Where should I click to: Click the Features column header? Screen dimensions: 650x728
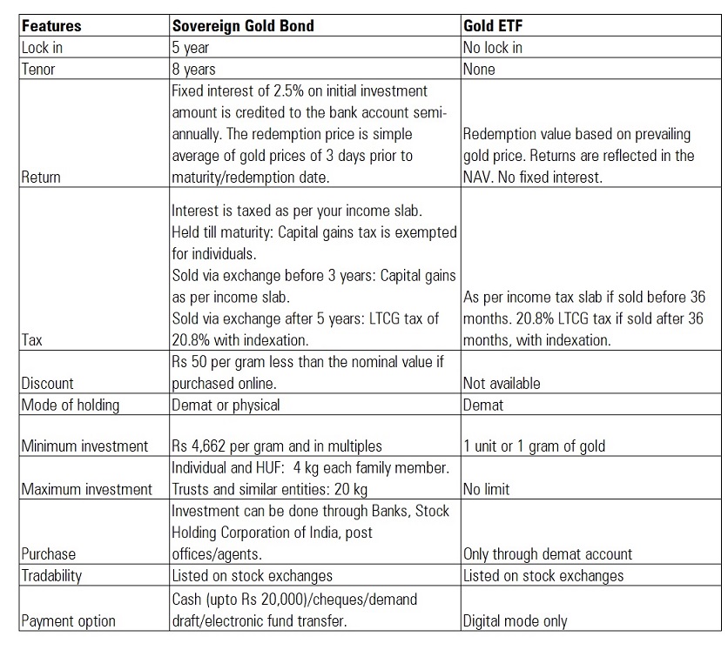click(51, 26)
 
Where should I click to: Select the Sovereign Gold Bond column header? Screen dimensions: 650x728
click(243, 26)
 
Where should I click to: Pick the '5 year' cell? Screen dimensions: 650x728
click(193, 48)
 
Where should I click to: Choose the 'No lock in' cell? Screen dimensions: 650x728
click(493, 48)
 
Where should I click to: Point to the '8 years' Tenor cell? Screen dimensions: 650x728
click(194, 70)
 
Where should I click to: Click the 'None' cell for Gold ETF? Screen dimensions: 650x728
click(481, 70)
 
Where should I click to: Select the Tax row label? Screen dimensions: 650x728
click(32, 340)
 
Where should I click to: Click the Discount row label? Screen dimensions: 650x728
click(48, 383)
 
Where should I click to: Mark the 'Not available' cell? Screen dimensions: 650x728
click(502, 383)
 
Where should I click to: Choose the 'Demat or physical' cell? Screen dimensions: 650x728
click(226, 405)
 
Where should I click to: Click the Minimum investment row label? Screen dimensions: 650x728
click(85, 446)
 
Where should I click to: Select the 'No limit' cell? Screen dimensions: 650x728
click(487, 490)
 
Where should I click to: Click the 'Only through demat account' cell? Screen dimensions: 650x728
click(548, 553)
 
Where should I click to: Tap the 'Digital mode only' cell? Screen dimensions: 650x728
click(515, 621)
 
